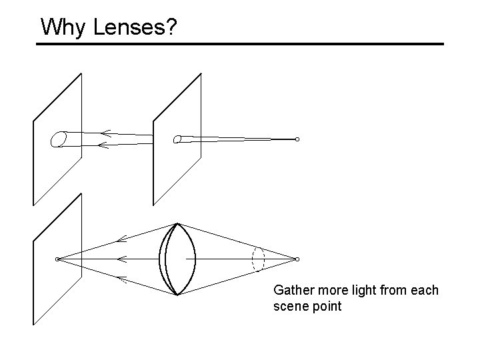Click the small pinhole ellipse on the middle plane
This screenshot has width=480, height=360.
pos(177,139)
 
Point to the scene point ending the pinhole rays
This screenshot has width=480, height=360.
pos(297,139)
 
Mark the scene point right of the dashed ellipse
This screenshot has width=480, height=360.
pos(297,259)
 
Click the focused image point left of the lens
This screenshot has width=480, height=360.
pos(57,259)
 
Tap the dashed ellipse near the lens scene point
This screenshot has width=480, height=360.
pos(259,259)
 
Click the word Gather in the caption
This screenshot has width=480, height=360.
pos(292,291)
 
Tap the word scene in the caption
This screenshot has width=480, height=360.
pos(290,307)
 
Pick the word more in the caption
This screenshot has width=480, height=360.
pos(329,291)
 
